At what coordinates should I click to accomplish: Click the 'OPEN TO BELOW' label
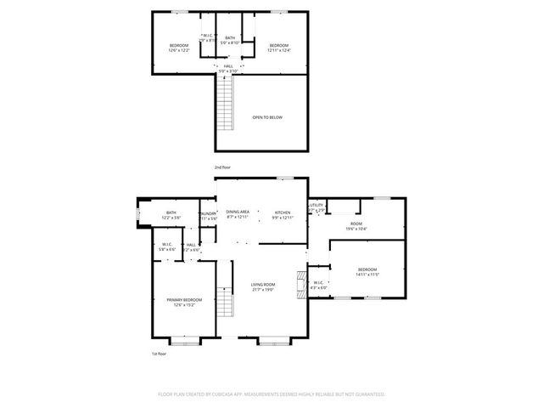tap(266, 117)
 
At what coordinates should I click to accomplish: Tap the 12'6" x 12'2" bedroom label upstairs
tap(177, 48)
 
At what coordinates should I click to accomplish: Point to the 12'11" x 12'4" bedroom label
tap(279, 48)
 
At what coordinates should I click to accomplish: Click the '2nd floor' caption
tap(222, 168)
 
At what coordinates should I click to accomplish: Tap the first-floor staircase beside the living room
tap(225, 303)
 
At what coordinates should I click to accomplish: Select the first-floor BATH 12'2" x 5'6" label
tap(171, 215)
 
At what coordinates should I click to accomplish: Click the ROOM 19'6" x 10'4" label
tap(356, 225)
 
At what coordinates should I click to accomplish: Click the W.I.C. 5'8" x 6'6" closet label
tap(167, 246)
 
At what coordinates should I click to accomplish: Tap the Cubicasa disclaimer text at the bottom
tap(271, 394)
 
